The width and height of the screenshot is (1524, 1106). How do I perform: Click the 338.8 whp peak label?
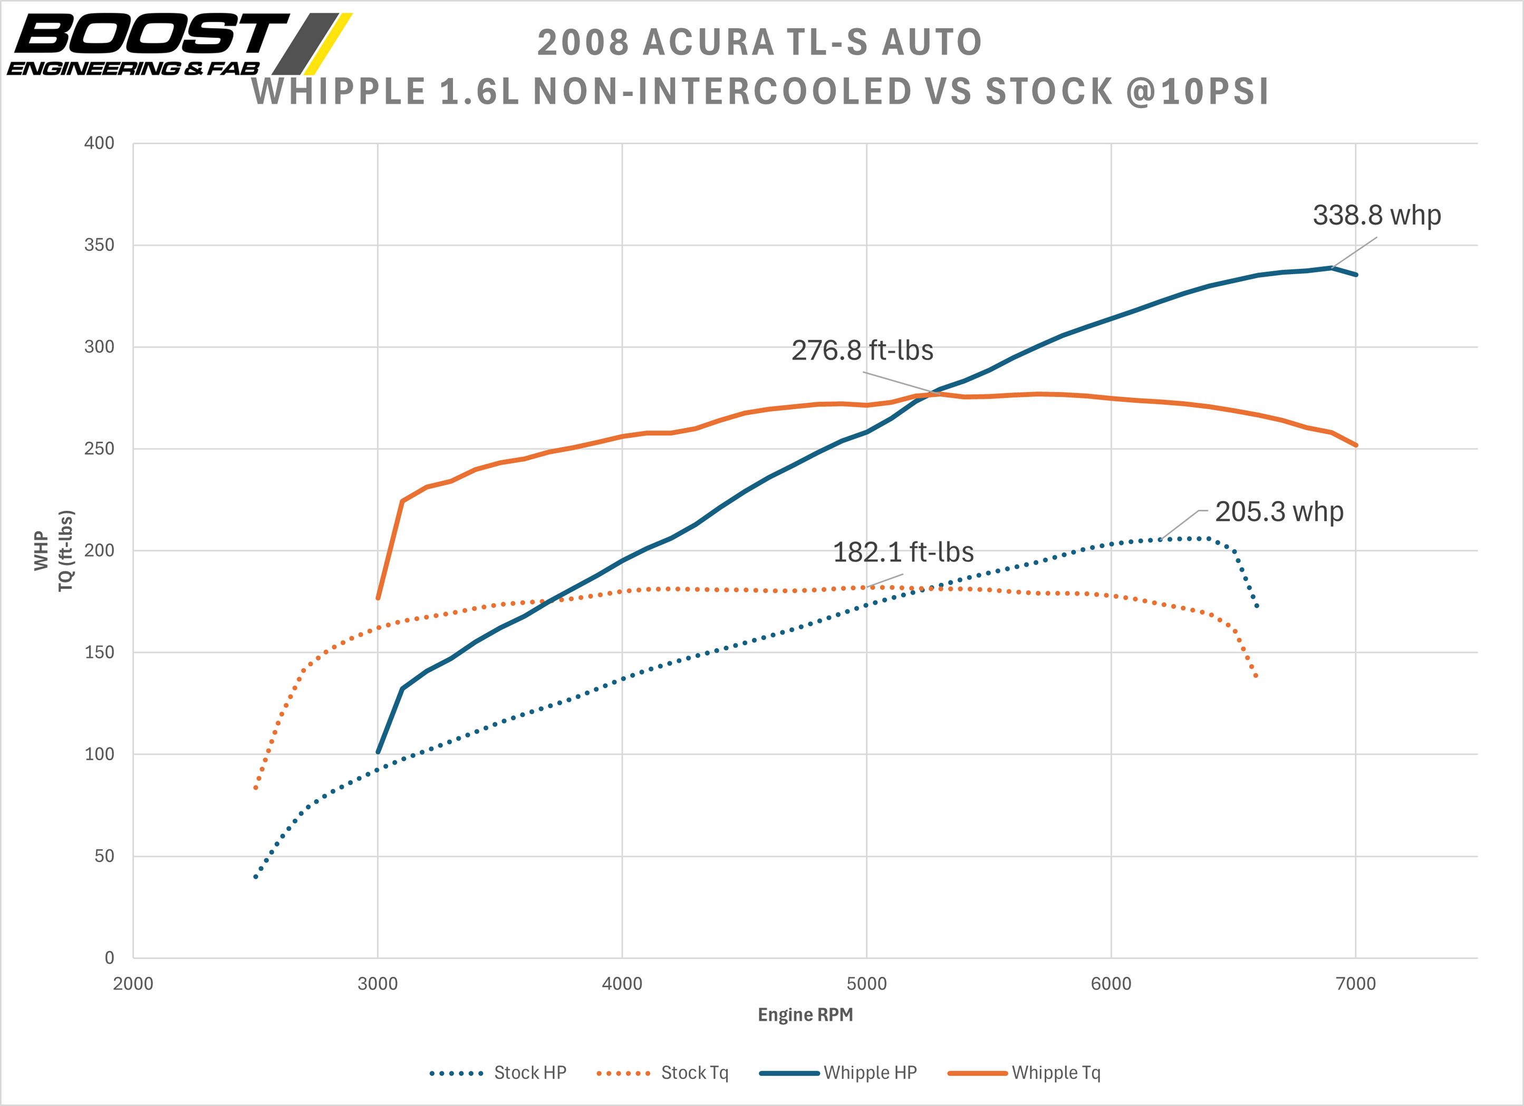coord(1376,216)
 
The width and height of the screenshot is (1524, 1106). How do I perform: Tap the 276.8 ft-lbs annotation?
coord(862,351)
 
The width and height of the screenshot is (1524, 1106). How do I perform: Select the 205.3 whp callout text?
coord(1279,512)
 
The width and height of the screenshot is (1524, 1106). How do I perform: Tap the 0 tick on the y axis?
coord(109,958)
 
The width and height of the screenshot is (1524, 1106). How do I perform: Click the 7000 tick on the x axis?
coord(1355,984)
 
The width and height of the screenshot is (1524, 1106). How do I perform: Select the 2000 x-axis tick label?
coord(133,984)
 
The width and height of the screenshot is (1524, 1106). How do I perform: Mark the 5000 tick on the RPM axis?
coord(866,984)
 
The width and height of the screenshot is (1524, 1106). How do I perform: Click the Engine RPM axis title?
coord(805,1015)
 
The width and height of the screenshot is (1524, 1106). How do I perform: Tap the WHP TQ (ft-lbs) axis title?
coord(54,551)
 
